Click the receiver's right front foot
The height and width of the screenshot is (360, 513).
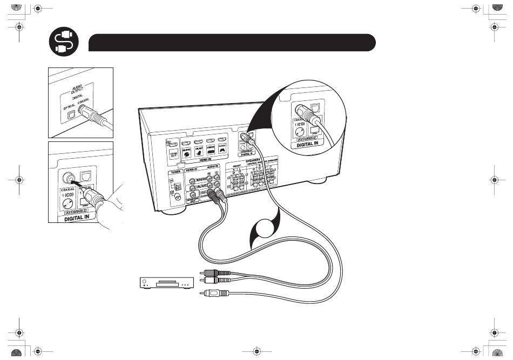(x=322, y=179)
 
